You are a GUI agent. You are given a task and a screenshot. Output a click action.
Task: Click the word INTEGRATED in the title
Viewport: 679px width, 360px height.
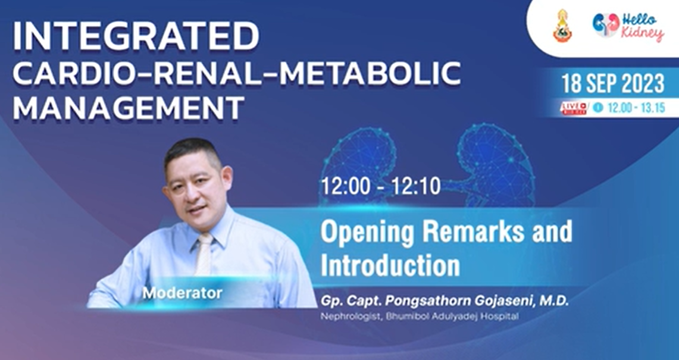click(x=136, y=36)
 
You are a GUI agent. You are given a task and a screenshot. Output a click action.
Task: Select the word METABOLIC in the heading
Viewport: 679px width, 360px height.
click(x=370, y=73)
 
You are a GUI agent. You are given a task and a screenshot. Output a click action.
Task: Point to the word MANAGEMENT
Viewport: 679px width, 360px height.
click(x=129, y=108)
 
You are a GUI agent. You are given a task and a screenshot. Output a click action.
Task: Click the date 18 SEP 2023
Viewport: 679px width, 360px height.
click(x=613, y=83)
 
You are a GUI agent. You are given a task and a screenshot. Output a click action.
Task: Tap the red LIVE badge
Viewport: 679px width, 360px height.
click(x=573, y=108)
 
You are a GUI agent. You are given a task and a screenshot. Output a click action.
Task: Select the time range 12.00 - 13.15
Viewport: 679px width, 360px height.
click(x=636, y=108)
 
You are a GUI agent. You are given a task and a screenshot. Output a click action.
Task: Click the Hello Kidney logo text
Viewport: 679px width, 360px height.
click(x=642, y=27)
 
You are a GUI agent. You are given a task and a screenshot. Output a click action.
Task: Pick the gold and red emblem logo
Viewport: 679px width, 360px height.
click(x=562, y=26)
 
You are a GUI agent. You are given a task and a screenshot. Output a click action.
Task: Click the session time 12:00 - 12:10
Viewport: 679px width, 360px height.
click(x=381, y=186)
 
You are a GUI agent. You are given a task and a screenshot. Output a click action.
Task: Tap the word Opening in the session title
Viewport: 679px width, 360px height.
click(x=368, y=233)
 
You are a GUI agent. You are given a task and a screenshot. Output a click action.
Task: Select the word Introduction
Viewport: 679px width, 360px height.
click(x=390, y=265)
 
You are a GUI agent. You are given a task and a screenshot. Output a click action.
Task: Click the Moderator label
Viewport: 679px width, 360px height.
click(x=182, y=293)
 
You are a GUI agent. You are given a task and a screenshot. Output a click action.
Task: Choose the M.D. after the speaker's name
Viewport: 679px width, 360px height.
click(x=554, y=302)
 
